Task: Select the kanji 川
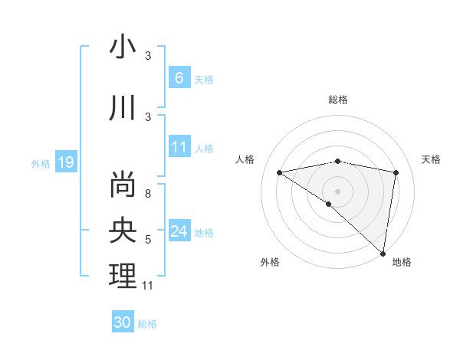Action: coord(123,108)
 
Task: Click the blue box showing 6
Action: coord(179,78)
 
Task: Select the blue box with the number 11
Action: coord(179,147)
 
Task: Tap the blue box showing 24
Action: coord(179,231)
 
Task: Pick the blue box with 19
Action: coord(65,162)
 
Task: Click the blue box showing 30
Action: coord(122,322)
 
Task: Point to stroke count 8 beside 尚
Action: coord(148,194)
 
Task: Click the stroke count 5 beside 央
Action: coord(148,240)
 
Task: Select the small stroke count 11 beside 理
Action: coord(148,286)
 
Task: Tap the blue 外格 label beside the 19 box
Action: coord(41,163)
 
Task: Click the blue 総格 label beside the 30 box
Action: coord(147,323)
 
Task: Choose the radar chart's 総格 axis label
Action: coord(337,100)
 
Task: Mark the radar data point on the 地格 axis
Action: coord(383,252)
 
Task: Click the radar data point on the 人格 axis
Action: coord(279,172)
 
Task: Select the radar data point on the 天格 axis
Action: coord(396,172)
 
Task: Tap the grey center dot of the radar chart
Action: coord(337,190)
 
